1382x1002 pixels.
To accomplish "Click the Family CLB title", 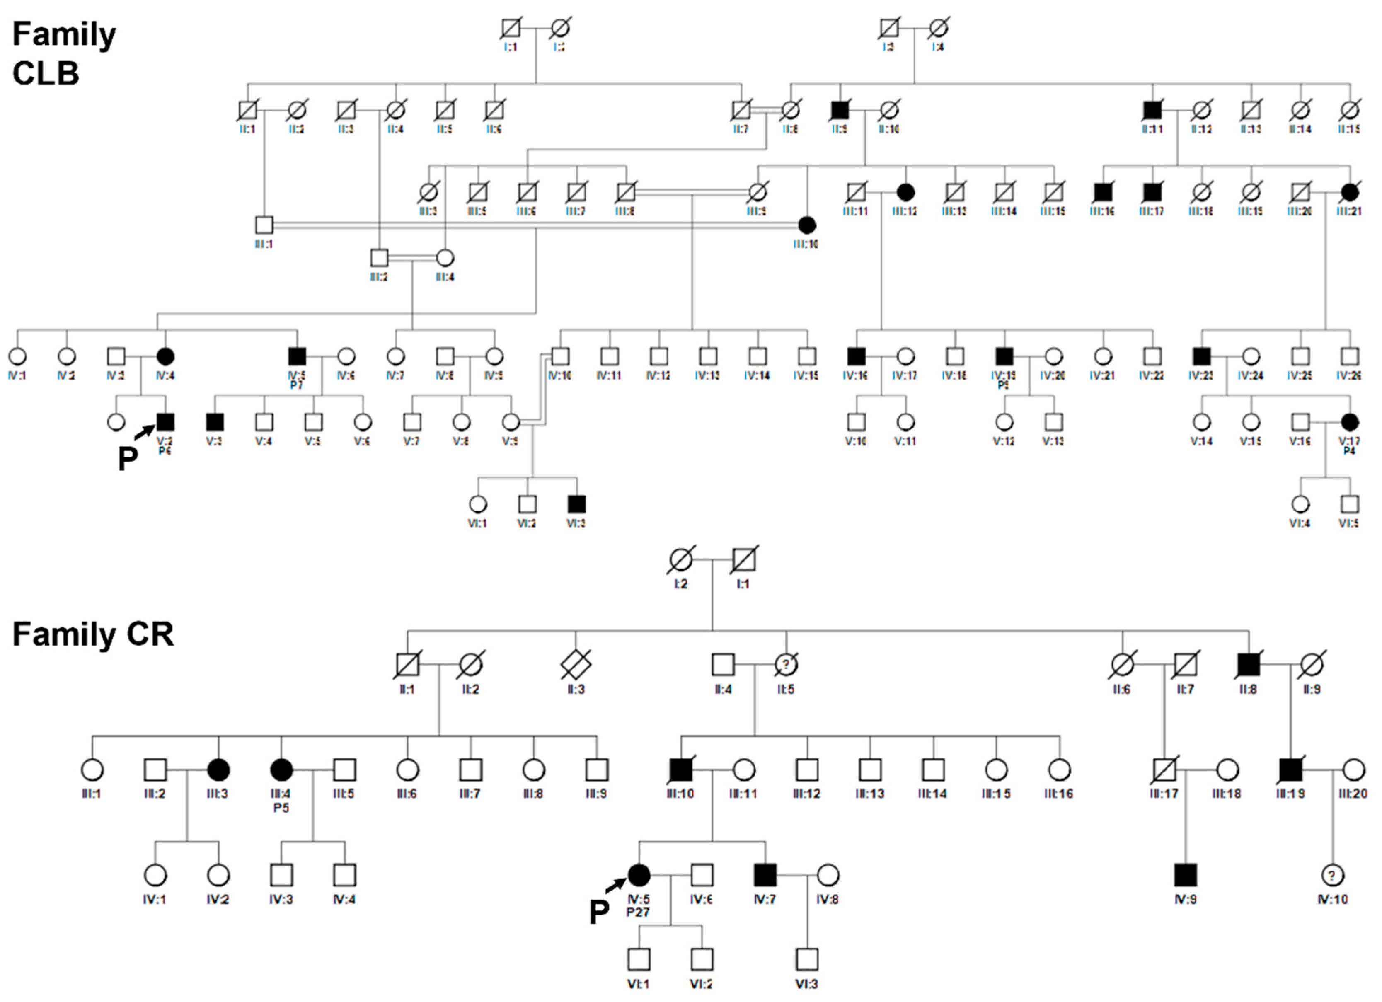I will tap(64, 53).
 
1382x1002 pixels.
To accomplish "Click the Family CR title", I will tap(93, 634).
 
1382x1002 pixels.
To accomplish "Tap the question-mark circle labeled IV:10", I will tap(1332, 875).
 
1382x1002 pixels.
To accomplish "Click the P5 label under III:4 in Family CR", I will tap(281, 808).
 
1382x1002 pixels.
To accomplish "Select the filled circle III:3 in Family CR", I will tap(218, 770).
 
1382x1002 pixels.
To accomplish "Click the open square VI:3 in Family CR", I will tap(807, 959).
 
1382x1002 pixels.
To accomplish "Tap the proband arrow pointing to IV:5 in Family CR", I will tap(615, 885).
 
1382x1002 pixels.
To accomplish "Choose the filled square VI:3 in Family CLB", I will tap(576, 504).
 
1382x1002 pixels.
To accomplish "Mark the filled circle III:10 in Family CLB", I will tap(807, 225).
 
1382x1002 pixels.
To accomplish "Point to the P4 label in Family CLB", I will tap(1349, 451).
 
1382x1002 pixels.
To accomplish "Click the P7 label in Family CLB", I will tap(296, 385).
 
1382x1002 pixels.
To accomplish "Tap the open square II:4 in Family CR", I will tap(723, 664).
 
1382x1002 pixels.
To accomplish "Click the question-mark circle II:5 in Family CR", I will tap(786, 664).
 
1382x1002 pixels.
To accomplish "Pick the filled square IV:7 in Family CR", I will tap(765, 875).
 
